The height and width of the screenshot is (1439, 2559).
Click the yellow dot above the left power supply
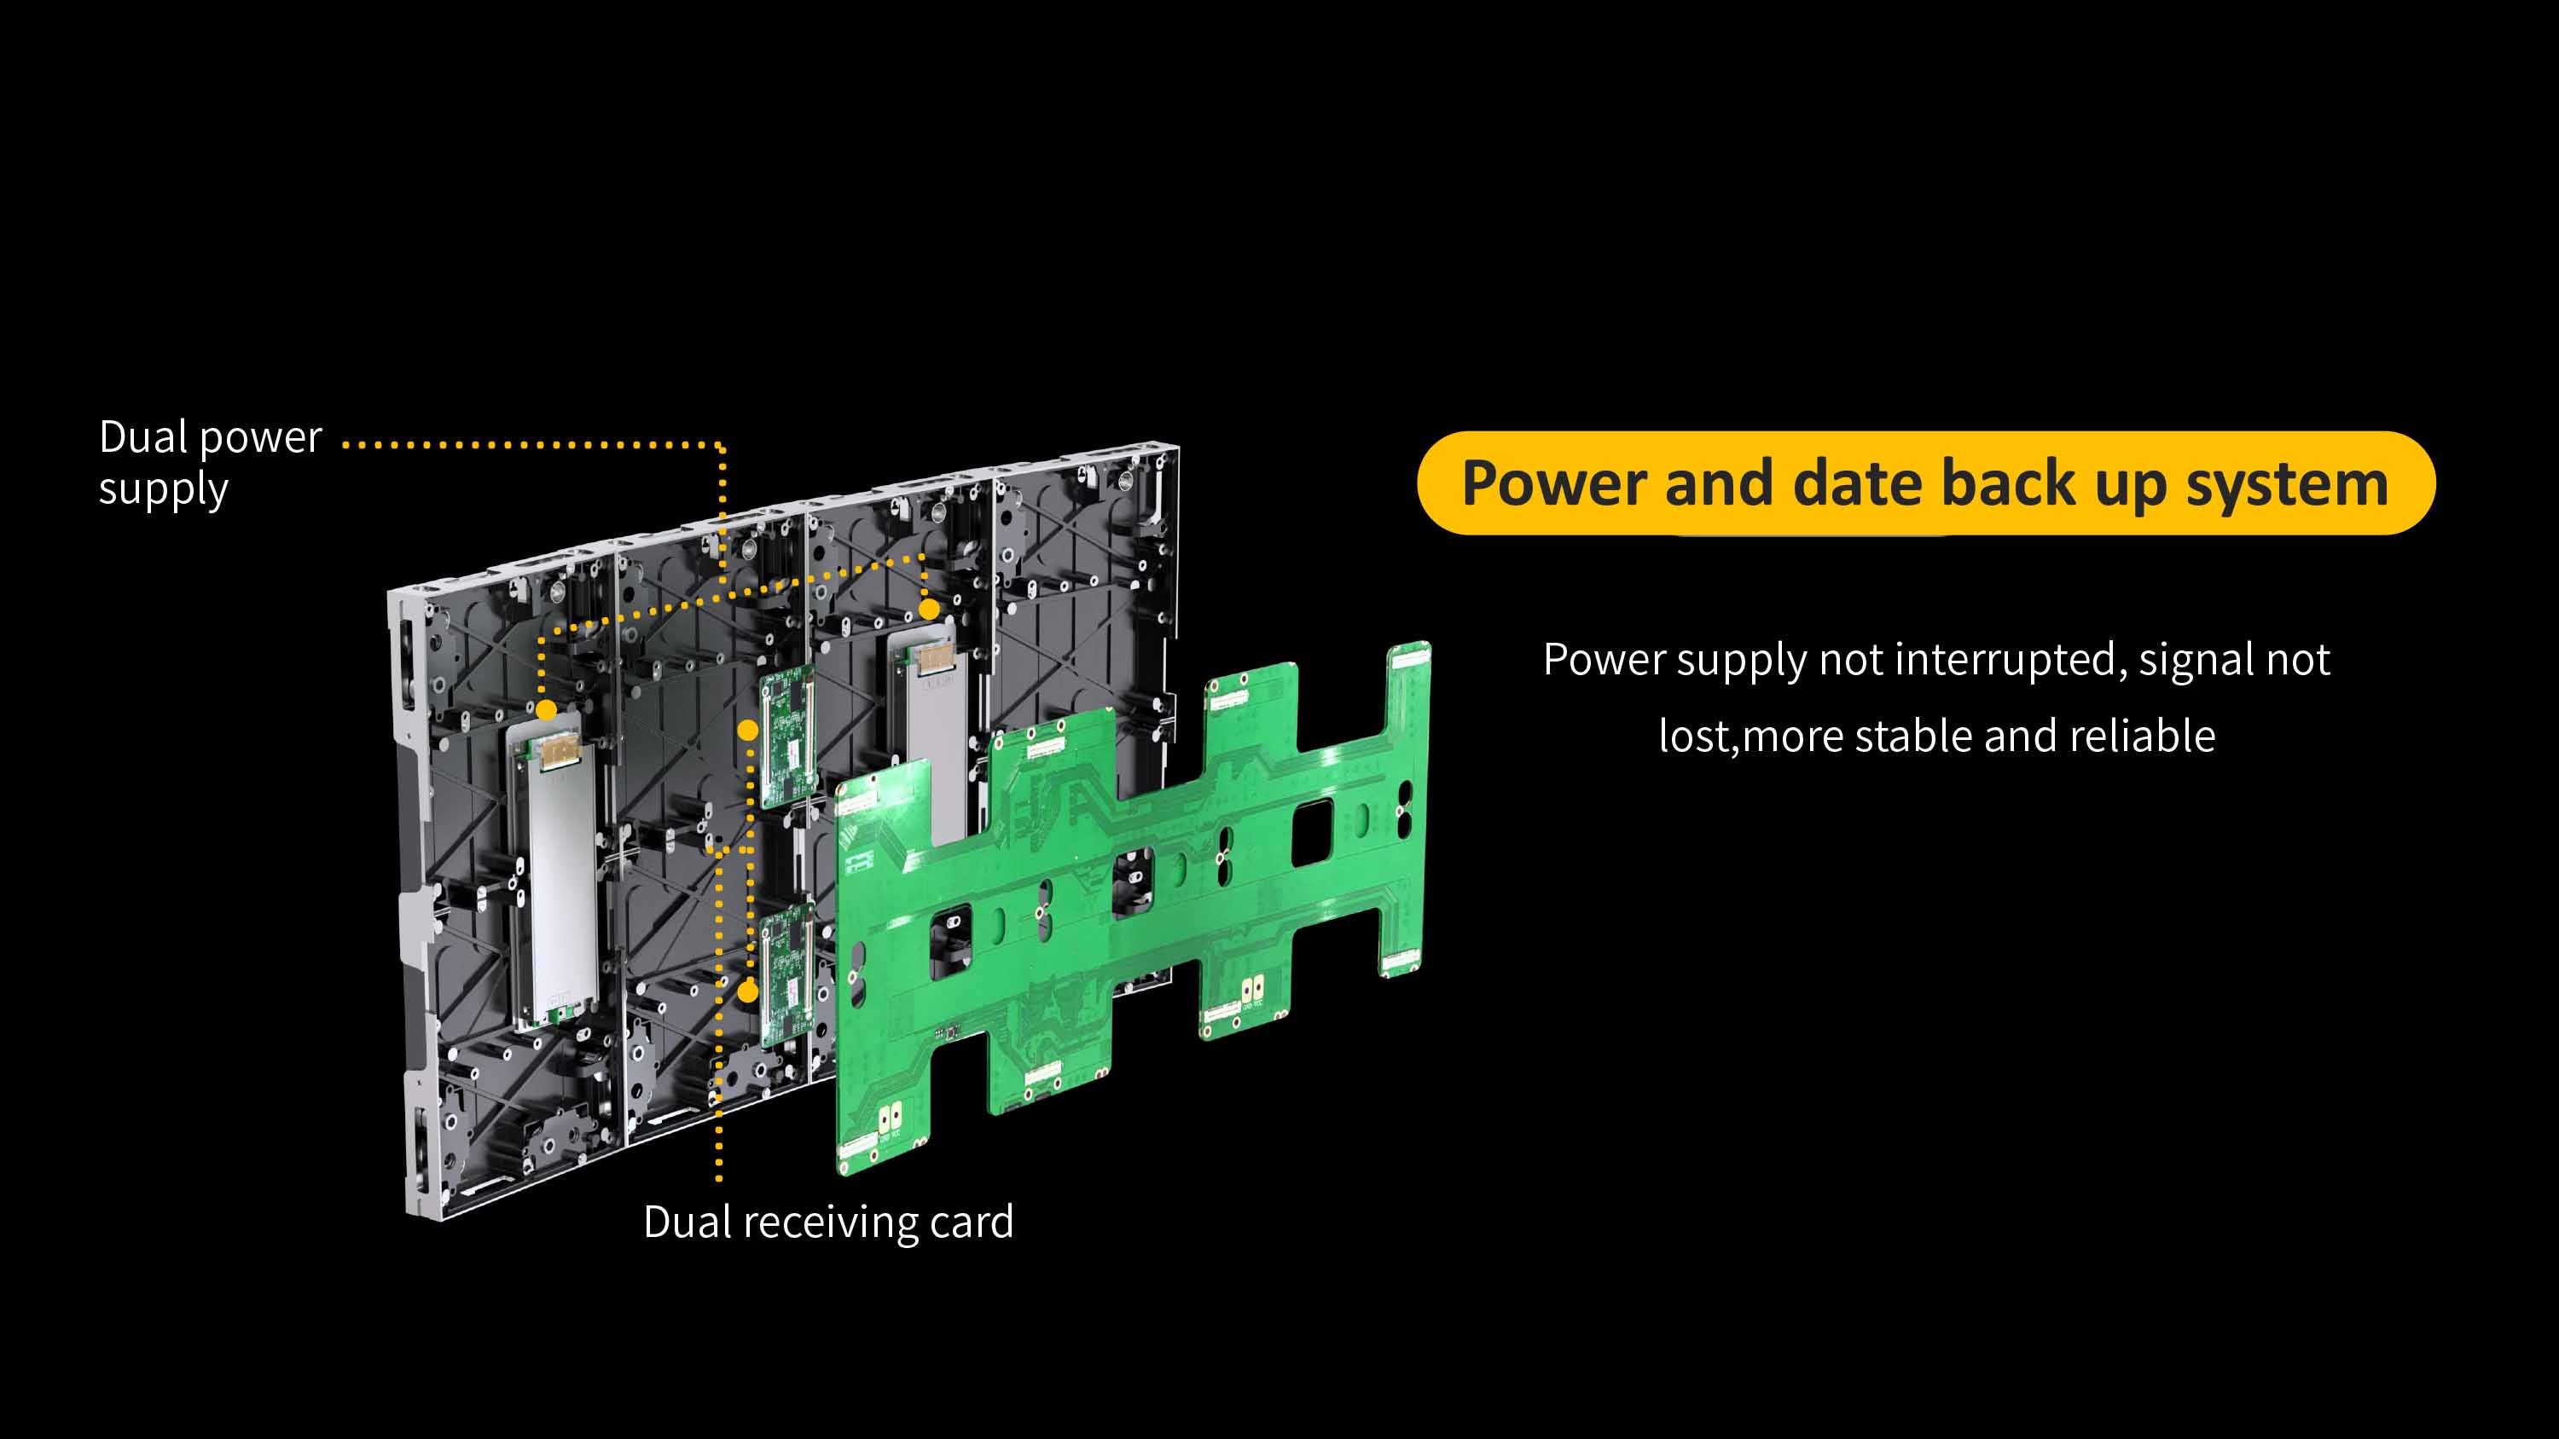(545, 710)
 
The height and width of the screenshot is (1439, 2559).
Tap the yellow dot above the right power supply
(928, 609)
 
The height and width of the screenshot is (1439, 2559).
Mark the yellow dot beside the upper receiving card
(748, 730)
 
